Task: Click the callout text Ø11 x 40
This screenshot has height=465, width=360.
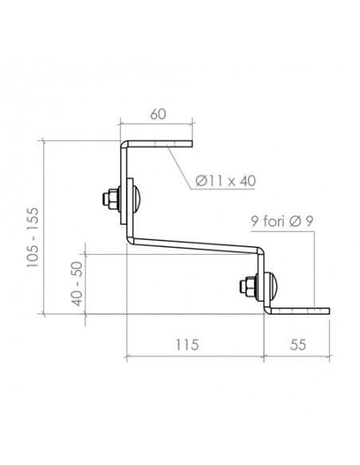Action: (x=226, y=180)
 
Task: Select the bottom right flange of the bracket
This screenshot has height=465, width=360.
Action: (x=299, y=311)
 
